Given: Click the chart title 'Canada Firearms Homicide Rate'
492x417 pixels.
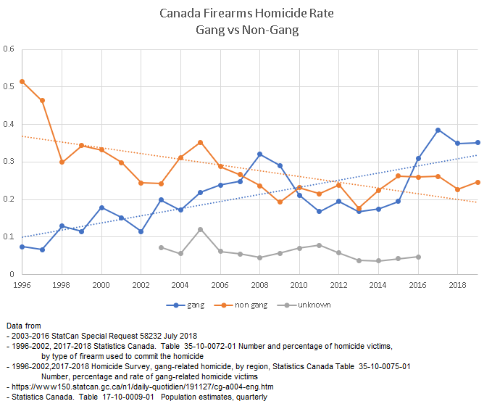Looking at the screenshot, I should click(x=246, y=14).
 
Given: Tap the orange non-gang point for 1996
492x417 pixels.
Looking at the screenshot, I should click(x=22, y=81).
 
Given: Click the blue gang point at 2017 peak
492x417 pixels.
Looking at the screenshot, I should click(x=438, y=130).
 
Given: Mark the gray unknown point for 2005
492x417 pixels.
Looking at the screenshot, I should click(x=201, y=229).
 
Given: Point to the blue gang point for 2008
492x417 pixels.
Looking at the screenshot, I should click(x=259, y=154).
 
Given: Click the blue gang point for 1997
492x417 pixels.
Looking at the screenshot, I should click(x=42, y=249).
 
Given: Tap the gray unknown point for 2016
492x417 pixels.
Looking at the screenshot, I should click(x=418, y=257).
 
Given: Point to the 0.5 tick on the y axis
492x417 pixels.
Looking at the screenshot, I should click(x=9, y=87).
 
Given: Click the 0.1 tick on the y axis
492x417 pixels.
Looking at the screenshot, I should click(x=9, y=237).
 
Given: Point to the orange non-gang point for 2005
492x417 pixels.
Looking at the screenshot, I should click(x=201, y=142).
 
